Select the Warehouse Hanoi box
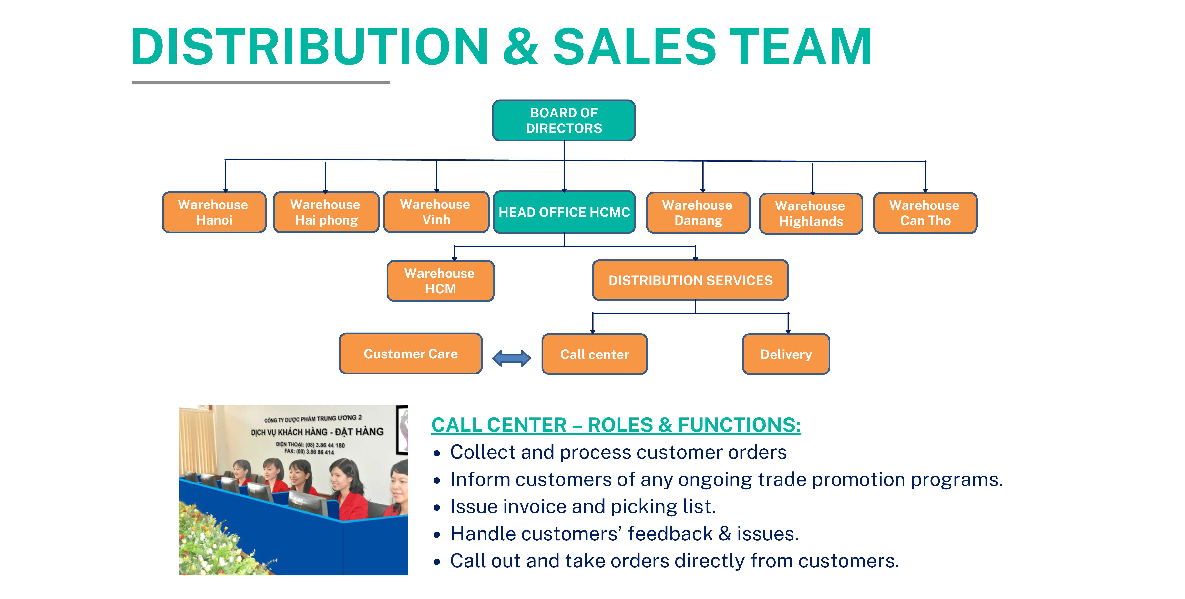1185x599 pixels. (214, 212)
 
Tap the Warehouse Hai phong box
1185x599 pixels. (326, 212)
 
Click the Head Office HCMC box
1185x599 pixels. (564, 212)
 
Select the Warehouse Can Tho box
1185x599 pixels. (925, 213)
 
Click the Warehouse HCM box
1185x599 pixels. (440, 281)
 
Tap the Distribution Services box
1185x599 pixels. (690, 280)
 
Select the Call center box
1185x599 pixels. (594, 354)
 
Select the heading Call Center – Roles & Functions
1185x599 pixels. (616, 425)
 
